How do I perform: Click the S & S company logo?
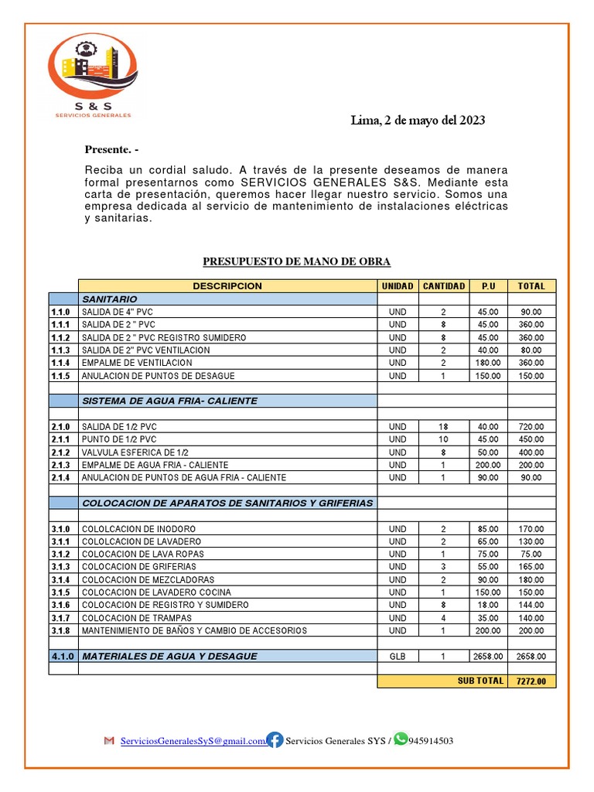click(x=92, y=77)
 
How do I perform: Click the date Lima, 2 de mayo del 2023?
click(x=418, y=120)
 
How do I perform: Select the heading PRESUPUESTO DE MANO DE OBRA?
click(x=296, y=262)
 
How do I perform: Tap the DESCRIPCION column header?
click(x=227, y=286)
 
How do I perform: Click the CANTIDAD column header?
click(x=444, y=286)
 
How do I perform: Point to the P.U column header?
click(x=489, y=286)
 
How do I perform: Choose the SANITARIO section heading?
click(x=110, y=299)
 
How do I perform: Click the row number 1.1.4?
click(x=61, y=363)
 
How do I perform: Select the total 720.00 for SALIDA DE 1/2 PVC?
click(x=531, y=427)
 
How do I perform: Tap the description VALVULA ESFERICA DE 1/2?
click(x=135, y=452)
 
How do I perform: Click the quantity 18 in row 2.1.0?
click(x=443, y=427)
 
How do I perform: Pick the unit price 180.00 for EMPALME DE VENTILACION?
click(x=489, y=363)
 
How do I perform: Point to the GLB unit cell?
click(x=398, y=656)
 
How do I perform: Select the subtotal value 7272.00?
click(x=531, y=681)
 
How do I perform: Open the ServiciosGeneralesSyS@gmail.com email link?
click(x=192, y=741)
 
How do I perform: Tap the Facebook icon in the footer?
click(x=275, y=740)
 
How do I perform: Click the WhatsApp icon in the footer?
click(x=400, y=739)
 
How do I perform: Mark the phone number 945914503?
click(x=431, y=741)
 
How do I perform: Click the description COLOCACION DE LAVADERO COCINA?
click(x=148, y=592)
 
